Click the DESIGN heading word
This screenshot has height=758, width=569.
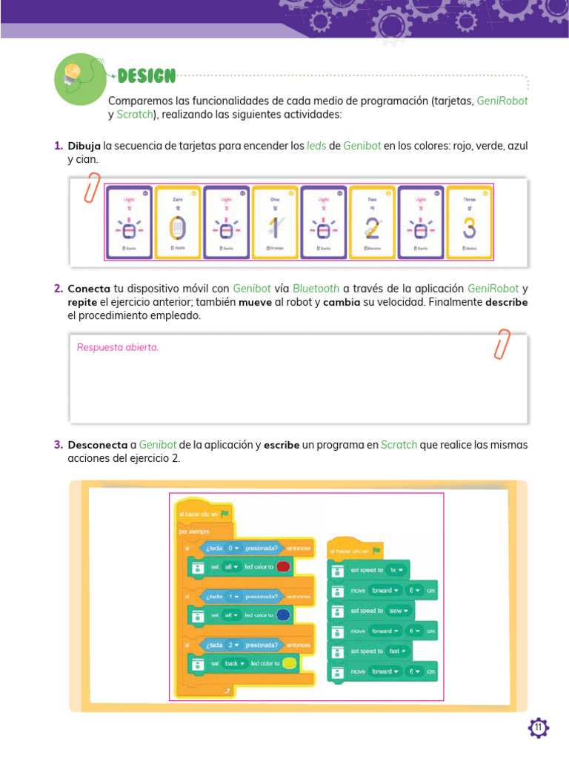coord(146,76)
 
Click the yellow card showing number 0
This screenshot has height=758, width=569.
coord(177,221)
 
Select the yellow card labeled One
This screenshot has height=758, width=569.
coord(274,221)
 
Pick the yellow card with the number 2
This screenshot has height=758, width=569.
coord(372,221)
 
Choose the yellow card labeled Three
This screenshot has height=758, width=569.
coord(469,221)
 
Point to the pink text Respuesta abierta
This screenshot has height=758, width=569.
coord(118,347)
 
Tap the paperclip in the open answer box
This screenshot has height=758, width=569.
coord(502,344)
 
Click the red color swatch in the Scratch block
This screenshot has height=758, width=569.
coord(282,567)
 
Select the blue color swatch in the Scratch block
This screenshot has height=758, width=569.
coord(282,615)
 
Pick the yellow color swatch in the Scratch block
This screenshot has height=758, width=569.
coord(289,663)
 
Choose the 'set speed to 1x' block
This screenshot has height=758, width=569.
coord(368,570)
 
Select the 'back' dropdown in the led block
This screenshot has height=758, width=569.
coord(234,663)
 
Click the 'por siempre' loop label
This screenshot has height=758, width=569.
coord(195,531)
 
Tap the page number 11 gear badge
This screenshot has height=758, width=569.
coord(538,728)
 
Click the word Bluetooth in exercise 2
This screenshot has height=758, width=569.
coord(316,289)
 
